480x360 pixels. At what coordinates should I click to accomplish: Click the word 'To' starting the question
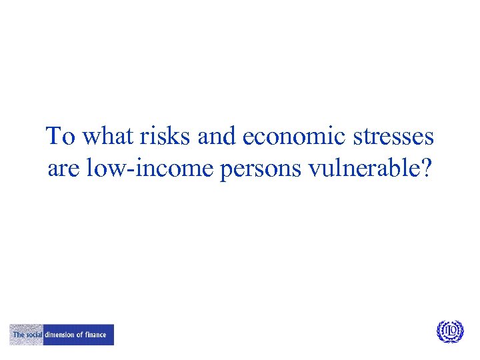60,137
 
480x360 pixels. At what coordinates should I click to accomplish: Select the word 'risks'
157,137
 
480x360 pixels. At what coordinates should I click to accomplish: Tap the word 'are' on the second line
63,169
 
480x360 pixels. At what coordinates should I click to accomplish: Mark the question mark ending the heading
426,169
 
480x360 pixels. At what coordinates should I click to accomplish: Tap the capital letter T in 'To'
53,137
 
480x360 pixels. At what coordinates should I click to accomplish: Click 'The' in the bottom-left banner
18,335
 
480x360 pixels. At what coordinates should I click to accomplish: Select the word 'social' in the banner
33,335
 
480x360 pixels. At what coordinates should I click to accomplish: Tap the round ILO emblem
450,331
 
